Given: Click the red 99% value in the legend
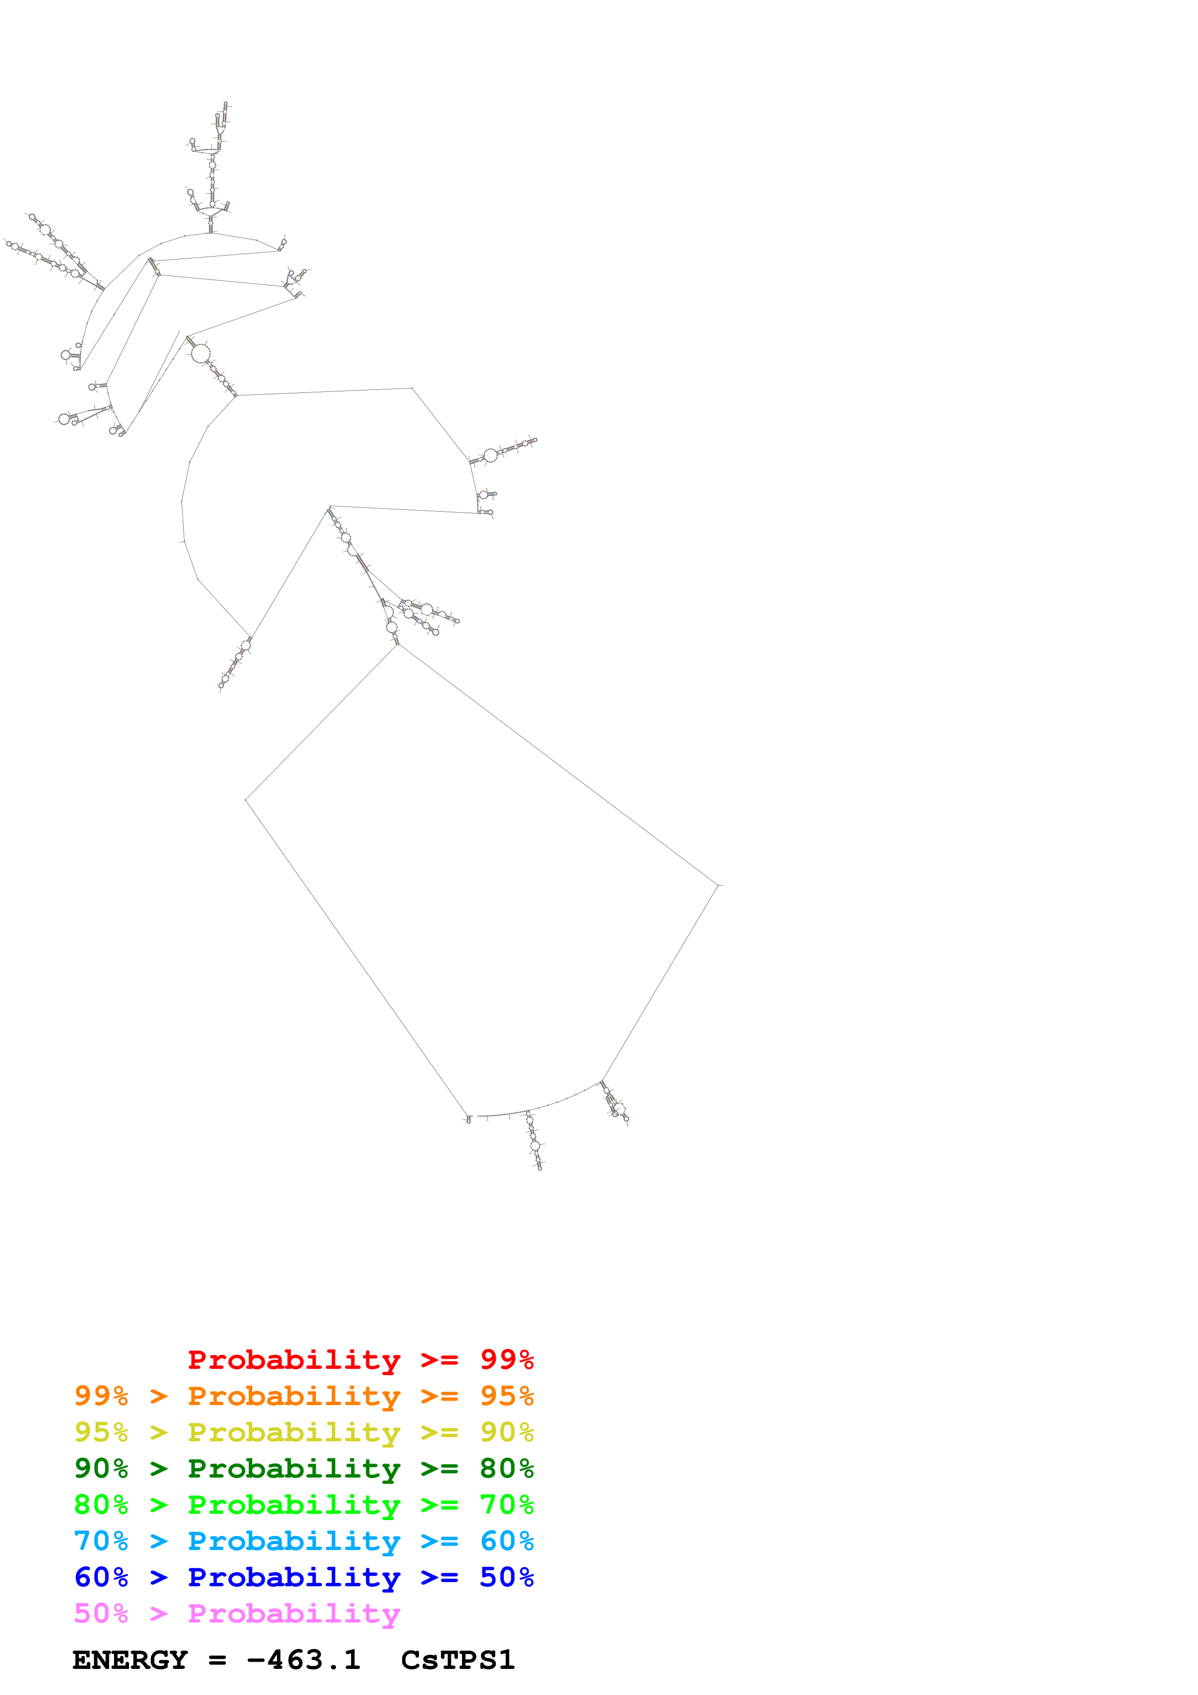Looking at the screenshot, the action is (506, 1359).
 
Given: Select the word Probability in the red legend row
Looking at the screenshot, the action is (294, 1359).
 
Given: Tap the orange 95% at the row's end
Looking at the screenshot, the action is (506, 1395).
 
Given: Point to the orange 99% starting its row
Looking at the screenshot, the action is (101, 1395).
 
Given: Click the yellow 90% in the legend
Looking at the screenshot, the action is (506, 1432).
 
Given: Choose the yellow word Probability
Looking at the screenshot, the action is (294, 1432).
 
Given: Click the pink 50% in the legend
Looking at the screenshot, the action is (101, 1613).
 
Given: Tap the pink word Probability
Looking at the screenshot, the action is (294, 1613).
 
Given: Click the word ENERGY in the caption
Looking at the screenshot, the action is (130, 1660).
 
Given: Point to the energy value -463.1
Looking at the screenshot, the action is (303, 1660).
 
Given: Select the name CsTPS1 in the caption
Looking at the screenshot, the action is (458, 1660).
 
